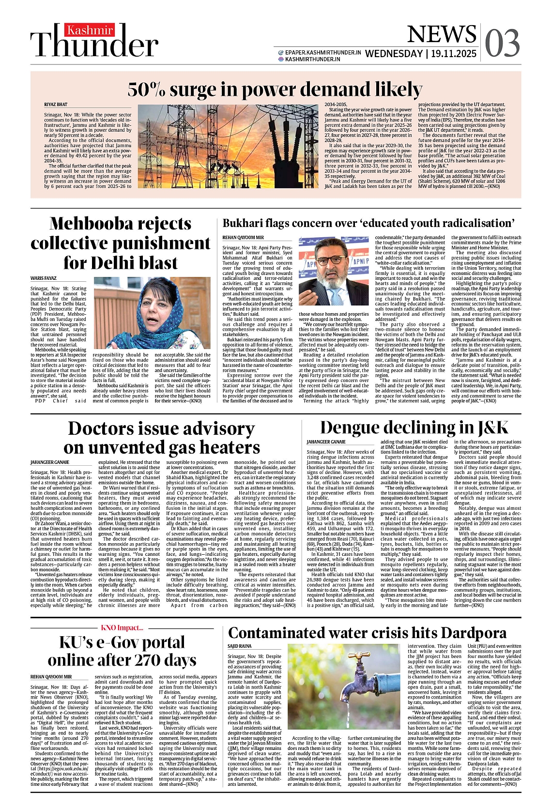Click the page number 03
click(x=502, y=43)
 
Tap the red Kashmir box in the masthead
click(x=90, y=30)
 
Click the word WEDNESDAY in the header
click(x=394, y=54)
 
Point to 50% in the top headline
click(x=147, y=90)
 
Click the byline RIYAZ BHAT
click(x=56, y=105)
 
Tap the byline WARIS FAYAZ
click(x=44, y=278)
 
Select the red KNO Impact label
click(x=122, y=628)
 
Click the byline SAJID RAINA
click(x=240, y=646)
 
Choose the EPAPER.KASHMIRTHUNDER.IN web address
click(x=323, y=52)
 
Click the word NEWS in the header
click(x=442, y=34)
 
